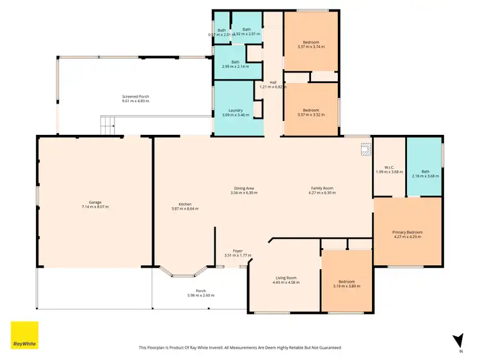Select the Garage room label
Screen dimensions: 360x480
95,203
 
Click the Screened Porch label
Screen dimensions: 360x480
135,97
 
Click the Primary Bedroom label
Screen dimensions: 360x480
407,232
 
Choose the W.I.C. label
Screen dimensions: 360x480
388,166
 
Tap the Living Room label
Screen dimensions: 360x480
285,278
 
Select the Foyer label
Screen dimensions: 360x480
237,251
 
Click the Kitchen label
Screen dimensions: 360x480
181,205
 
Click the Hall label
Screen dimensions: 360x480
273,82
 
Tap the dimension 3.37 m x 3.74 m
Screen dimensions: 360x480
311,47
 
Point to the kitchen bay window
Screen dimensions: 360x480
186,272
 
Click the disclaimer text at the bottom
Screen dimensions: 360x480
240,348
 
